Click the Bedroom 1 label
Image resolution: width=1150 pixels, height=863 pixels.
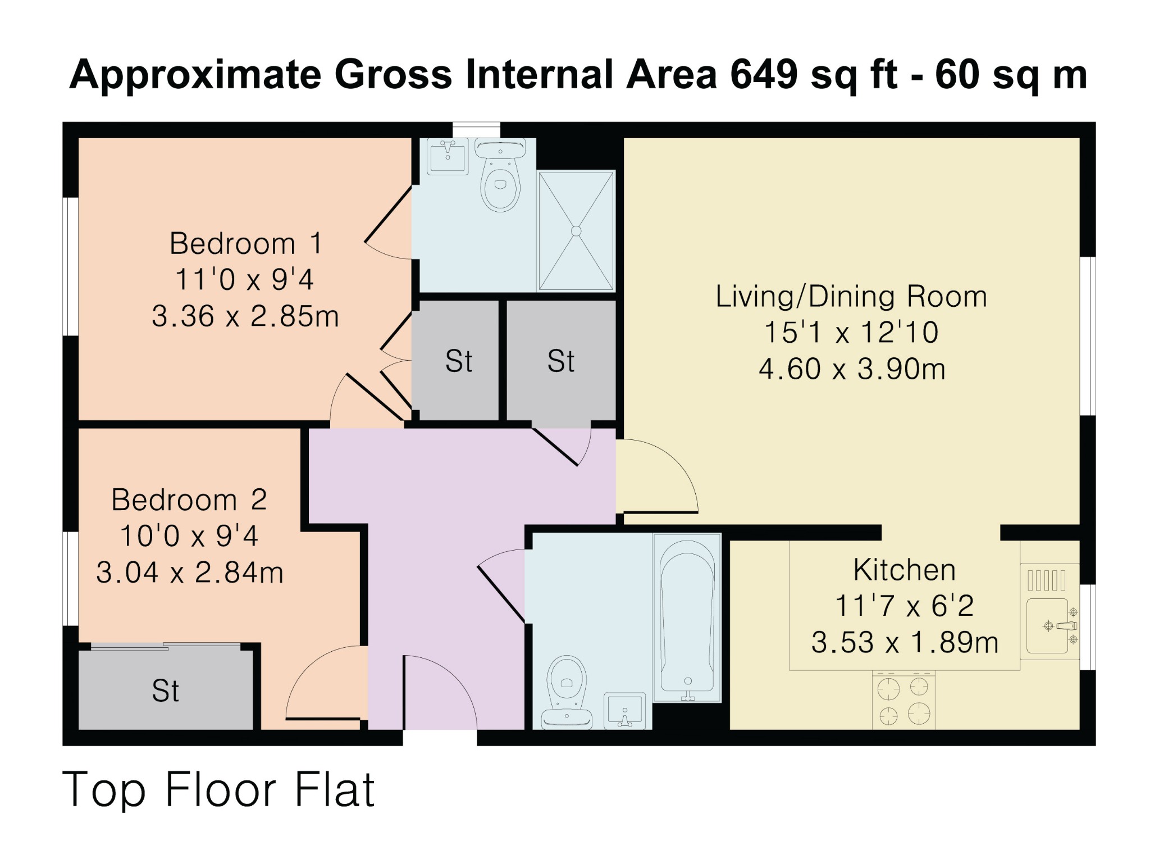(246, 244)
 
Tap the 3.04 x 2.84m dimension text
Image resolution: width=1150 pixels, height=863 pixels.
(190, 573)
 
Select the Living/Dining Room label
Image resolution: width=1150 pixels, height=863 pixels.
(851, 297)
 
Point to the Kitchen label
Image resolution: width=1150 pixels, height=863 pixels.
(904, 570)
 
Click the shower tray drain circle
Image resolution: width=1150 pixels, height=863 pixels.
(576, 231)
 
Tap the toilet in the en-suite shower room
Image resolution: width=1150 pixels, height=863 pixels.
(500, 180)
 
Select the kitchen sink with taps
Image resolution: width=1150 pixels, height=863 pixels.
(1049, 625)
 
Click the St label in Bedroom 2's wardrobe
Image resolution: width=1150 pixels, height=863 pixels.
(165, 691)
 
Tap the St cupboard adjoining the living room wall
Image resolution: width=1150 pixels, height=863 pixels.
(560, 361)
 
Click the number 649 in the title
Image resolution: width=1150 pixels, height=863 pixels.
(763, 74)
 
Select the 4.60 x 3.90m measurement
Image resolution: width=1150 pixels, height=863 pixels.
(852, 369)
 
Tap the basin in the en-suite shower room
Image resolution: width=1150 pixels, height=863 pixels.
(448, 157)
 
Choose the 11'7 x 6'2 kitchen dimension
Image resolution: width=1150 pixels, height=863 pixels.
(904, 606)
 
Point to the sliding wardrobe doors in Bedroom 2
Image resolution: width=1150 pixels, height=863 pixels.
(166, 647)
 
